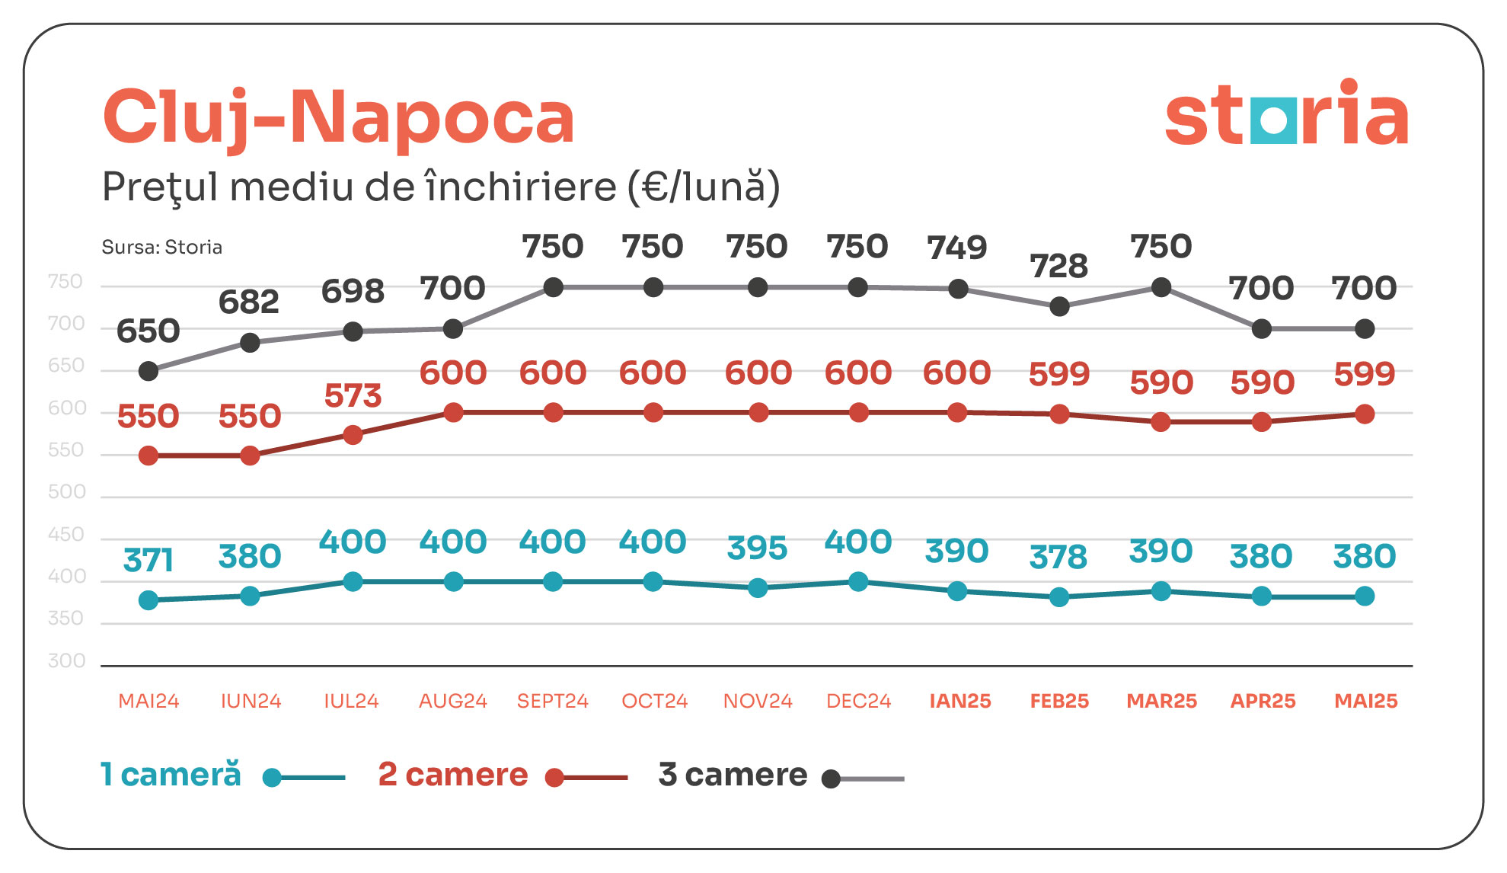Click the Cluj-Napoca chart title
pos(339,117)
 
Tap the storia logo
pos(1286,114)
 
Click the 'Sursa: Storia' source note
pos(161,247)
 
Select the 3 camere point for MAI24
pos(148,371)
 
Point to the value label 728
pos(1058,266)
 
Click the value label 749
pos(957,247)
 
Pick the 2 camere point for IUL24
pos(353,435)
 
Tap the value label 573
pos(353,395)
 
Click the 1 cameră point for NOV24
pos(758,587)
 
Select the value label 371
pos(148,560)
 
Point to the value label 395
pos(757,548)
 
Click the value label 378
pos(1058,557)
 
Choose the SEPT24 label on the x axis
pos(553,701)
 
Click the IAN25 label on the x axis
pos(960,701)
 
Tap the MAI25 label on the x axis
pos(1365,701)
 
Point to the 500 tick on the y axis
pos(67,492)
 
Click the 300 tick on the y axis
pos(67,660)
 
